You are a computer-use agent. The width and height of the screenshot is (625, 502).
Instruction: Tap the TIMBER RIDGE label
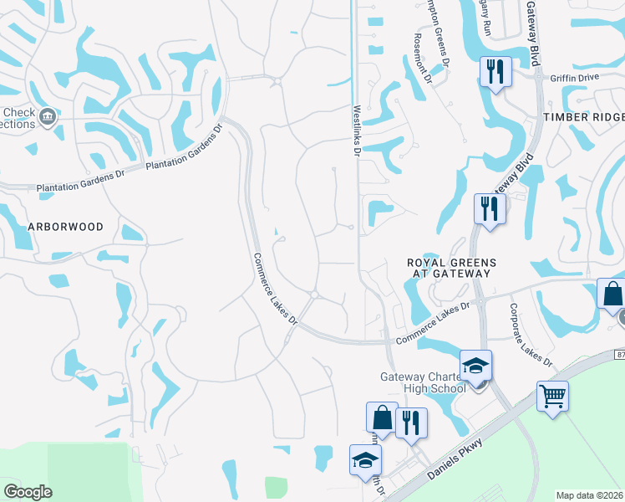tap(583, 118)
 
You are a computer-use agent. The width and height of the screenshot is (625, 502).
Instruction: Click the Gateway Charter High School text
tap(423, 382)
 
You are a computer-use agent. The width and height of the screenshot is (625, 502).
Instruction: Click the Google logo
tap(28, 492)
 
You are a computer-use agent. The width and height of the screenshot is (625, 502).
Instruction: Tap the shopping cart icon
tap(552, 396)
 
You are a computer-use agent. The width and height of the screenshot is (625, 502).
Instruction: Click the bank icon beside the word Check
tap(48, 115)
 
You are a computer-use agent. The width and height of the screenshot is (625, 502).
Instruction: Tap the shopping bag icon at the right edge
tap(612, 295)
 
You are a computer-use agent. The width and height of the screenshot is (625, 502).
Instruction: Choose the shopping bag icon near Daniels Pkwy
tap(382, 417)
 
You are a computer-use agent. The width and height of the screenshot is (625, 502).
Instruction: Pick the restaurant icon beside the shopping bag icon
tap(411, 423)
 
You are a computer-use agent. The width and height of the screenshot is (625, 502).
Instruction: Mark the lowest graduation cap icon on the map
tap(365, 460)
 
